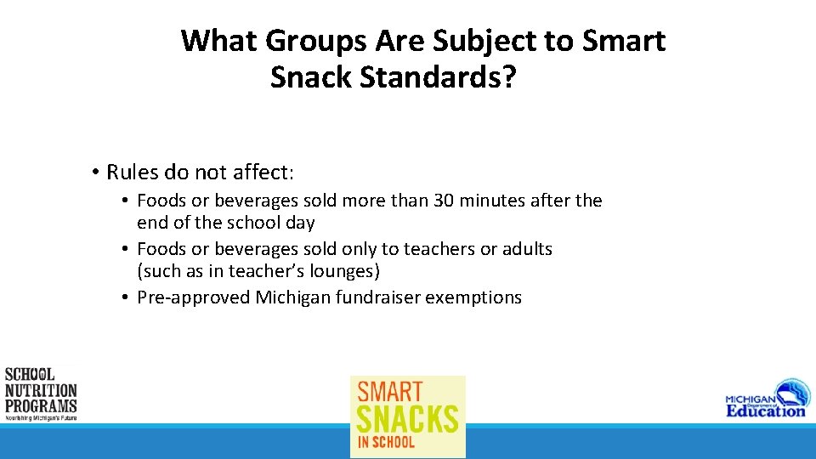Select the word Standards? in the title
[439, 77]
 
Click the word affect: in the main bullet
[264, 173]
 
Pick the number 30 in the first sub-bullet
[445, 201]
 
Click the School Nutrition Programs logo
[40, 394]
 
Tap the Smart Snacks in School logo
[408, 416]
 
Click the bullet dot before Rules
[96, 173]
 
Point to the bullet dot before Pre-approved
[124, 297]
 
